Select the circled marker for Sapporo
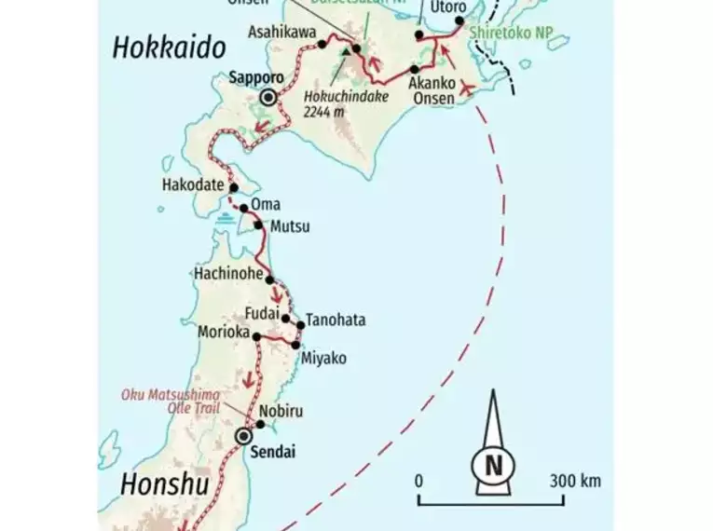click(x=269, y=98)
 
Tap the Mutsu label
click(x=289, y=226)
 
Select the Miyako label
click(x=325, y=358)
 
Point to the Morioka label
click(x=223, y=332)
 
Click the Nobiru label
click(x=281, y=410)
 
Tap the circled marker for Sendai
click(x=244, y=435)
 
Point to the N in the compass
click(x=491, y=463)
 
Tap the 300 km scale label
click(x=574, y=482)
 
